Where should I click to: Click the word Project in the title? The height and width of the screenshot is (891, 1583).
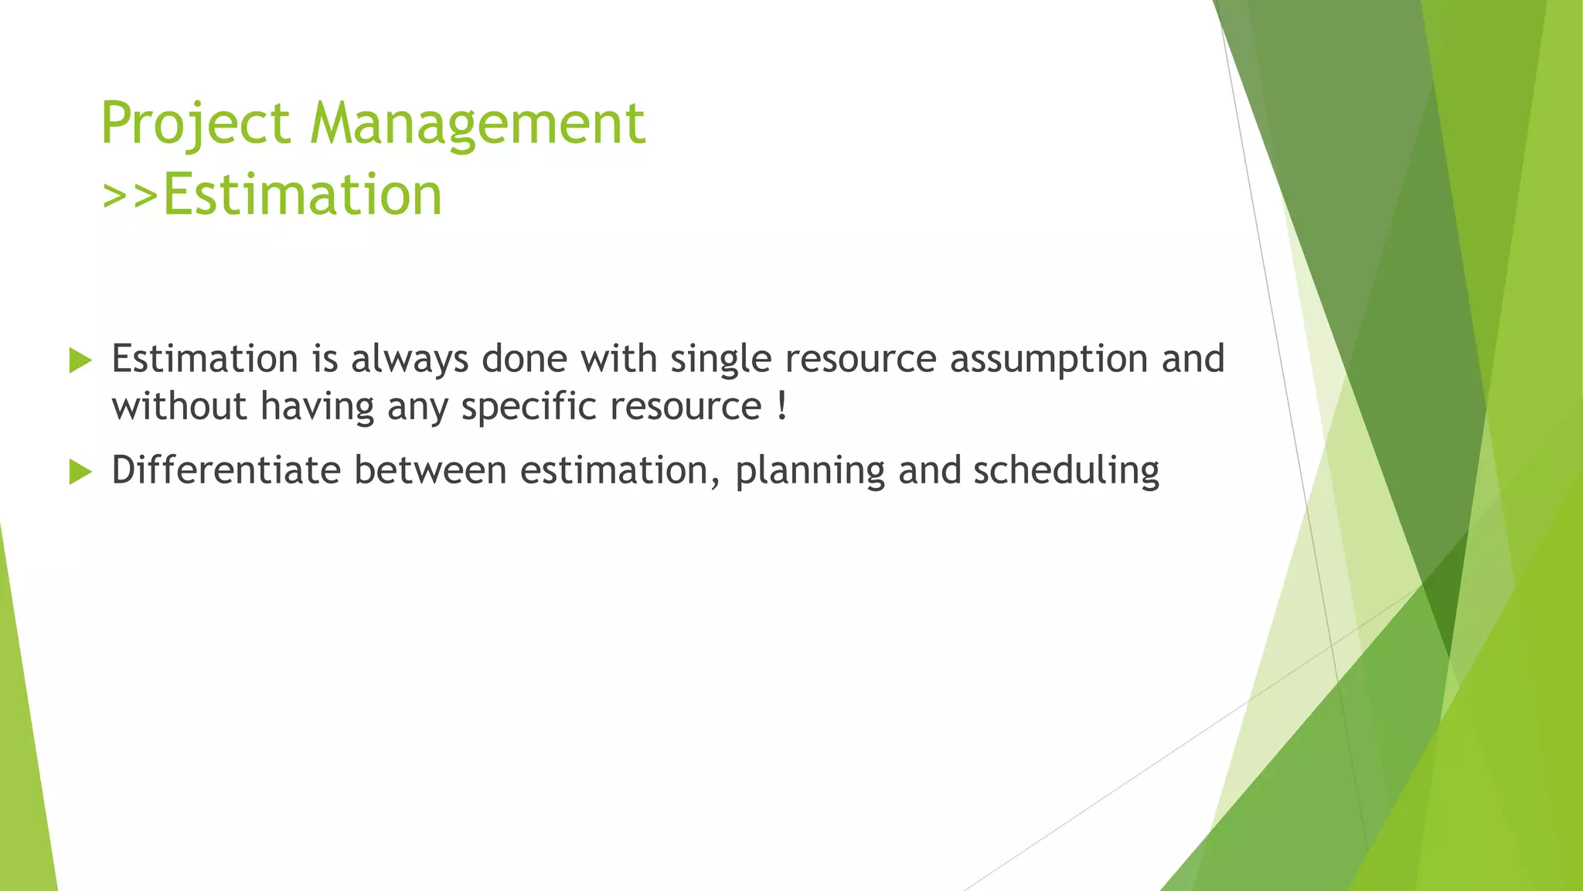(x=196, y=124)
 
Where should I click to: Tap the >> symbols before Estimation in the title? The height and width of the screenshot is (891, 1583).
(x=130, y=195)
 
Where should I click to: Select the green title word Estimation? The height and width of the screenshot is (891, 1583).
(x=302, y=195)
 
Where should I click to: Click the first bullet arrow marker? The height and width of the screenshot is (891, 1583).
(x=80, y=360)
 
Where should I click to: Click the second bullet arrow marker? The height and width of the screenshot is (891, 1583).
(x=80, y=471)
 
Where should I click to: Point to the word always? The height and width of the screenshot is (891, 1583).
(x=410, y=360)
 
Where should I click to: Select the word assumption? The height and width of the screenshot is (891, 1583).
(x=1049, y=360)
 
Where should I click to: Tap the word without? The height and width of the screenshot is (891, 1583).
(x=179, y=407)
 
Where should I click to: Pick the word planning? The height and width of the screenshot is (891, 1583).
(x=809, y=470)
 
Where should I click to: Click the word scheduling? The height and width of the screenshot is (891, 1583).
(x=1066, y=470)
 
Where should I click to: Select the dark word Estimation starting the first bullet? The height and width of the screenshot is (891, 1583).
(x=205, y=360)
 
